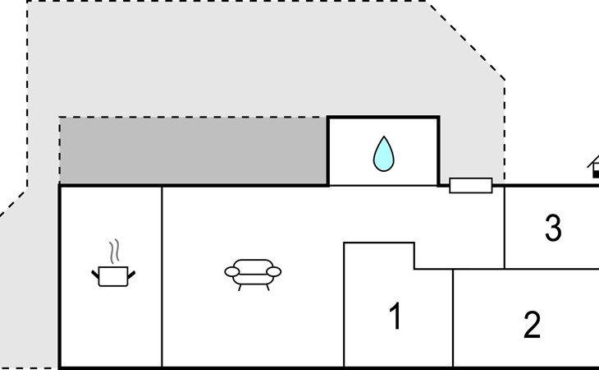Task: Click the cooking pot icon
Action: tap(113, 276)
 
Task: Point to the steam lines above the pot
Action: tap(116, 250)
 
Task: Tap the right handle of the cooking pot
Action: tap(131, 271)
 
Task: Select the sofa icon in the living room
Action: tap(252, 273)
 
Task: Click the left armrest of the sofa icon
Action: tap(231, 271)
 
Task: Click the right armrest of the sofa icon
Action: tap(274, 271)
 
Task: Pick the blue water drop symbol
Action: tap(383, 154)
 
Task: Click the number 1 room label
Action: tap(396, 317)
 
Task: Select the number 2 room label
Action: tap(532, 326)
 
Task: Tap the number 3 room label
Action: tap(553, 229)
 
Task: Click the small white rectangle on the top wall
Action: tap(471, 186)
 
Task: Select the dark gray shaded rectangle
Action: tap(193, 151)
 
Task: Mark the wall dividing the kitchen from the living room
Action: tap(162, 275)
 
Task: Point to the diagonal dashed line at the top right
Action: tap(466, 40)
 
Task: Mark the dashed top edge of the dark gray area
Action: tap(193, 118)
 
